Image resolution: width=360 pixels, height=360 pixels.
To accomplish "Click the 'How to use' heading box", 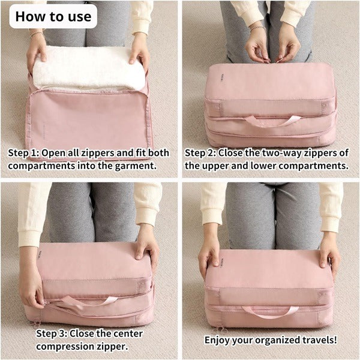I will pyautogui.click(x=54, y=16).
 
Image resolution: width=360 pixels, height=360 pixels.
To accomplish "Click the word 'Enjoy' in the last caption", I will pyautogui.click(x=220, y=340).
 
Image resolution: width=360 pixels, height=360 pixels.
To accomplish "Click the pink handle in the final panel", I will pyautogui.click(x=270, y=311).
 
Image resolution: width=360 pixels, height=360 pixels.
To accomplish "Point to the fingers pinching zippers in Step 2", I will pyautogui.click(x=268, y=55).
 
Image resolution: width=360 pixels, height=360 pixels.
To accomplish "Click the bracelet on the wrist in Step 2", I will pyautogui.click(x=257, y=27).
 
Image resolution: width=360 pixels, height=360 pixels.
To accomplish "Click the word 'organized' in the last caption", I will pyautogui.click(x=271, y=340).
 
